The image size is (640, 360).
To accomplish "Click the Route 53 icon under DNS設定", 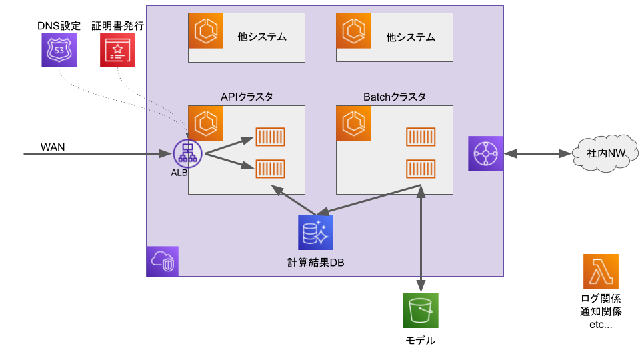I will click(x=59, y=50).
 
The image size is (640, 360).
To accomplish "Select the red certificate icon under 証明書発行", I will click(x=117, y=50).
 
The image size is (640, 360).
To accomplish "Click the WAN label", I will click(x=53, y=147).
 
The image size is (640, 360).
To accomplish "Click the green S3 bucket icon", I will click(x=421, y=311).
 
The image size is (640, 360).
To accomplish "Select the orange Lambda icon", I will click(x=601, y=271).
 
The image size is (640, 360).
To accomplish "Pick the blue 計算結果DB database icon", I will click(x=315, y=233).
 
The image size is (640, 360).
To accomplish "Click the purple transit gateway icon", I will click(x=485, y=154).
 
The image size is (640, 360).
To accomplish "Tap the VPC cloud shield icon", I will click(x=163, y=261).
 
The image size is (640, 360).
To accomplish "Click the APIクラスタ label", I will click(x=247, y=97).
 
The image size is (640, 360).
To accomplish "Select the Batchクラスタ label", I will click(x=395, y=97).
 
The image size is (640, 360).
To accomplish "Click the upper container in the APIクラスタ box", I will click(x=271, y=137).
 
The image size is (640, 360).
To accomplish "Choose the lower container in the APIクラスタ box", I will click(x=271, y=169).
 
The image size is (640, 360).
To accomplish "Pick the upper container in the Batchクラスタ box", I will click(x=421, y=137).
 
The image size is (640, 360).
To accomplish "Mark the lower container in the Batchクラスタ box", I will click(x=421, y=169).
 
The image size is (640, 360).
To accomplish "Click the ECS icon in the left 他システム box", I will click(x=205, y=31).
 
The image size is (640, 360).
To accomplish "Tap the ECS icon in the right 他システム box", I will click(x=353, y=31).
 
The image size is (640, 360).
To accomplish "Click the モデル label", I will click(x=421, y=341).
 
